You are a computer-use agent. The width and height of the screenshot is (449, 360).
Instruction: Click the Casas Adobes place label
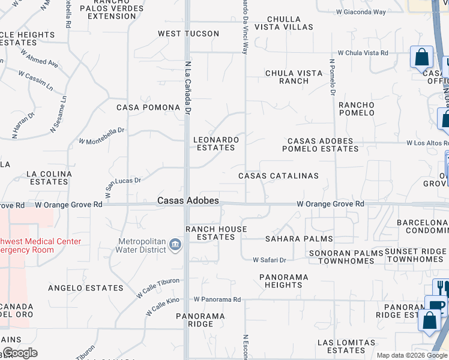(188, 200)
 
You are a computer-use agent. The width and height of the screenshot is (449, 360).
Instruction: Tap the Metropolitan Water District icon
(175, 245)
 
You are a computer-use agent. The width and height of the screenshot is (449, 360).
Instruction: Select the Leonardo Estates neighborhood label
(216, 143)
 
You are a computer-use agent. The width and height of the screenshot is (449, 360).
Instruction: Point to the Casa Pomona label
(148, 107)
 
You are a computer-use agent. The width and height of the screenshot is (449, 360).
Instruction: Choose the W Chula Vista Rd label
(363, 53)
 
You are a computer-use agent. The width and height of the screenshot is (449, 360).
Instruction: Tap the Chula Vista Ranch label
(294, 77)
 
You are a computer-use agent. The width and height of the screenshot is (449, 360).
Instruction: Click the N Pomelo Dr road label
(332, 77)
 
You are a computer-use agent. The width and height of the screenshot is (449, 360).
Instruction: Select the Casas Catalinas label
(279, 176)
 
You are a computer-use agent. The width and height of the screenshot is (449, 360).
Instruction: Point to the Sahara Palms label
(299, 239)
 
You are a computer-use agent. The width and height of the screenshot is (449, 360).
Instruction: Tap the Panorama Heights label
(283, 281)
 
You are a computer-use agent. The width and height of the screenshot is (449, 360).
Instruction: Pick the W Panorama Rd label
(217, 299)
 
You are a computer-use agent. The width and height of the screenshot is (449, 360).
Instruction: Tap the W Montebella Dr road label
(101, 136)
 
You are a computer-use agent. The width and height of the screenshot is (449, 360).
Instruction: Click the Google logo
(20, 352)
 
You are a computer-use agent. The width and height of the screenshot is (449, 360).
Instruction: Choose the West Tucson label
(188, 34)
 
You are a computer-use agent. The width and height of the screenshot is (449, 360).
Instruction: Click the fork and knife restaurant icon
(441, 287)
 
